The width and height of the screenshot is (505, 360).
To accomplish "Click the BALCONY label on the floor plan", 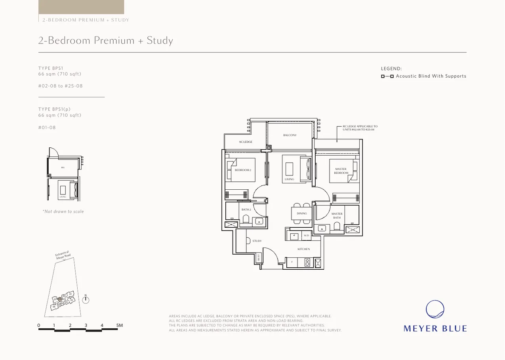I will (x=290, y=135).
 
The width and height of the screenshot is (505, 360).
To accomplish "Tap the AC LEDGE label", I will (x=246, y=142).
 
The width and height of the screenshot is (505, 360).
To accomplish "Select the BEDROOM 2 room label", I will (x=243, y=170).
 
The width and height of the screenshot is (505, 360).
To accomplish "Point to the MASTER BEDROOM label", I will (x=341, y=171).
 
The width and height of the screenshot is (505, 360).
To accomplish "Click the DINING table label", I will (x=302, y=213).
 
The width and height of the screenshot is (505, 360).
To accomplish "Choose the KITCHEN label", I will (x=304, y=249).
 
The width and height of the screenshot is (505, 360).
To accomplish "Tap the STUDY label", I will (x=257, y=241).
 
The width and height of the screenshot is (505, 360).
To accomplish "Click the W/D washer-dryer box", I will (x=306, y=236).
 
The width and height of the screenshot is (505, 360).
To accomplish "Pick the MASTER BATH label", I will (x=337, y=215).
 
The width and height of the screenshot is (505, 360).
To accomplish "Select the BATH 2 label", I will (x=246, y=210).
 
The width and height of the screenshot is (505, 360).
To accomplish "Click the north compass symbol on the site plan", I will (x=86, y=300).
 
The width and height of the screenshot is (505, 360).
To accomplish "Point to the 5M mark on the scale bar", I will (x=120, y=326).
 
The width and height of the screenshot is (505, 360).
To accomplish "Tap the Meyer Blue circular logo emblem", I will (x=435, y=309).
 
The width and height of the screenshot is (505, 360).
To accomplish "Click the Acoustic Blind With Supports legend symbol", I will (x=387, y=76).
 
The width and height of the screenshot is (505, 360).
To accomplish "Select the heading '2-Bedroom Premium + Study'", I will (x=106, y=40).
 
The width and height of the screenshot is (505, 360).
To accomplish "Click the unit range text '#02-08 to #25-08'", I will (x=61, y=86).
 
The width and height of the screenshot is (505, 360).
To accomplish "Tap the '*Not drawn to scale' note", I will (x=63, y=211).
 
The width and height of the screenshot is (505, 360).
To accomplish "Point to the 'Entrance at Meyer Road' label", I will (x=63, y=255).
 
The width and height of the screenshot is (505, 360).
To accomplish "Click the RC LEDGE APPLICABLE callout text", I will (x=360, y=128).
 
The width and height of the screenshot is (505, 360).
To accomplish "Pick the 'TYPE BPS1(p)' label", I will (x=54, y=109).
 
